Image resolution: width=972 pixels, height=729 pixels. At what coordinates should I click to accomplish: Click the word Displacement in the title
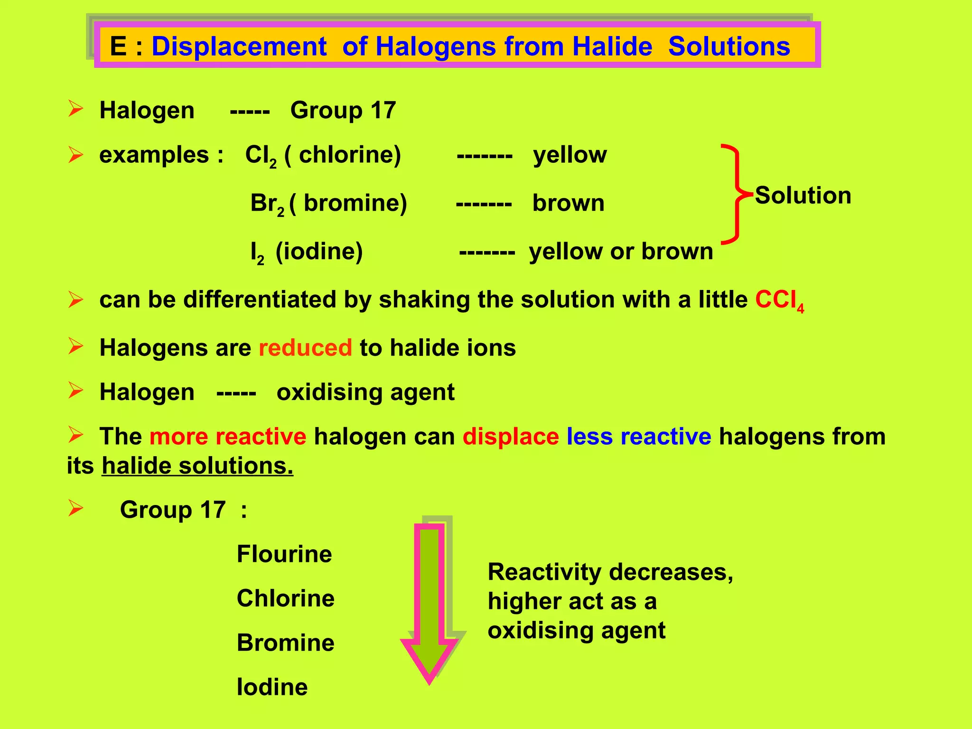[239, 47]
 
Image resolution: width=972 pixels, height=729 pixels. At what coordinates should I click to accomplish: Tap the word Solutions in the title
[729, 47]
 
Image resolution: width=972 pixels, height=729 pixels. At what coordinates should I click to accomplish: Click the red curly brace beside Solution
[734, 194]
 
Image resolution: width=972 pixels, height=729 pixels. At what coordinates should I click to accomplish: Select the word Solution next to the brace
[803, 195]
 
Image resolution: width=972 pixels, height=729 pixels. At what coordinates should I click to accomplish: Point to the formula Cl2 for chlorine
[261, 156]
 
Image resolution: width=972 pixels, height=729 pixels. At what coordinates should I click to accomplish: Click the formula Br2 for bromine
[267, 204]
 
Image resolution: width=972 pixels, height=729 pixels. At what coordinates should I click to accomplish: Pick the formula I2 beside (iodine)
[257, 252]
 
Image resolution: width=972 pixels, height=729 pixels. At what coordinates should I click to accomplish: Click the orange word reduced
[305, 348]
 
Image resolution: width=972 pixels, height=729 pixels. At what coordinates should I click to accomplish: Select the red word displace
[511, 437]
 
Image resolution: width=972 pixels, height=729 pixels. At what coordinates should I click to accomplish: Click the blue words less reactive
[639, 437]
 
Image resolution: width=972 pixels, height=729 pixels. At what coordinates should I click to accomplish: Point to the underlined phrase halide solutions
[197, 466]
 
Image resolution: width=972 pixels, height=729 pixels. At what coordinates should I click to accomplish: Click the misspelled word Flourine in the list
[284, 554]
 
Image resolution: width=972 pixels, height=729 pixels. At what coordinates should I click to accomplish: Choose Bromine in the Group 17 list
[285, 643]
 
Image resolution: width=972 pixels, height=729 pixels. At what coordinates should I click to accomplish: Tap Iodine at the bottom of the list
[272, 687]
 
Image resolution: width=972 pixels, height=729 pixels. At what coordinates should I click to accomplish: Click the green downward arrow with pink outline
[430, 603]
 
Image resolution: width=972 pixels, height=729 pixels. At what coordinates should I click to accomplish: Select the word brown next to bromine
[568, 204]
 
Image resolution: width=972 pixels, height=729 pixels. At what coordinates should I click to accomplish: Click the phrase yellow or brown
[621, 252]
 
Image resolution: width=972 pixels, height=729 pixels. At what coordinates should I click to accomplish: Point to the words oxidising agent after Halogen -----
[365, 393]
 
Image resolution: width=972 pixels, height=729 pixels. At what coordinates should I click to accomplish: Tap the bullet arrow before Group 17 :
[75, 509]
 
